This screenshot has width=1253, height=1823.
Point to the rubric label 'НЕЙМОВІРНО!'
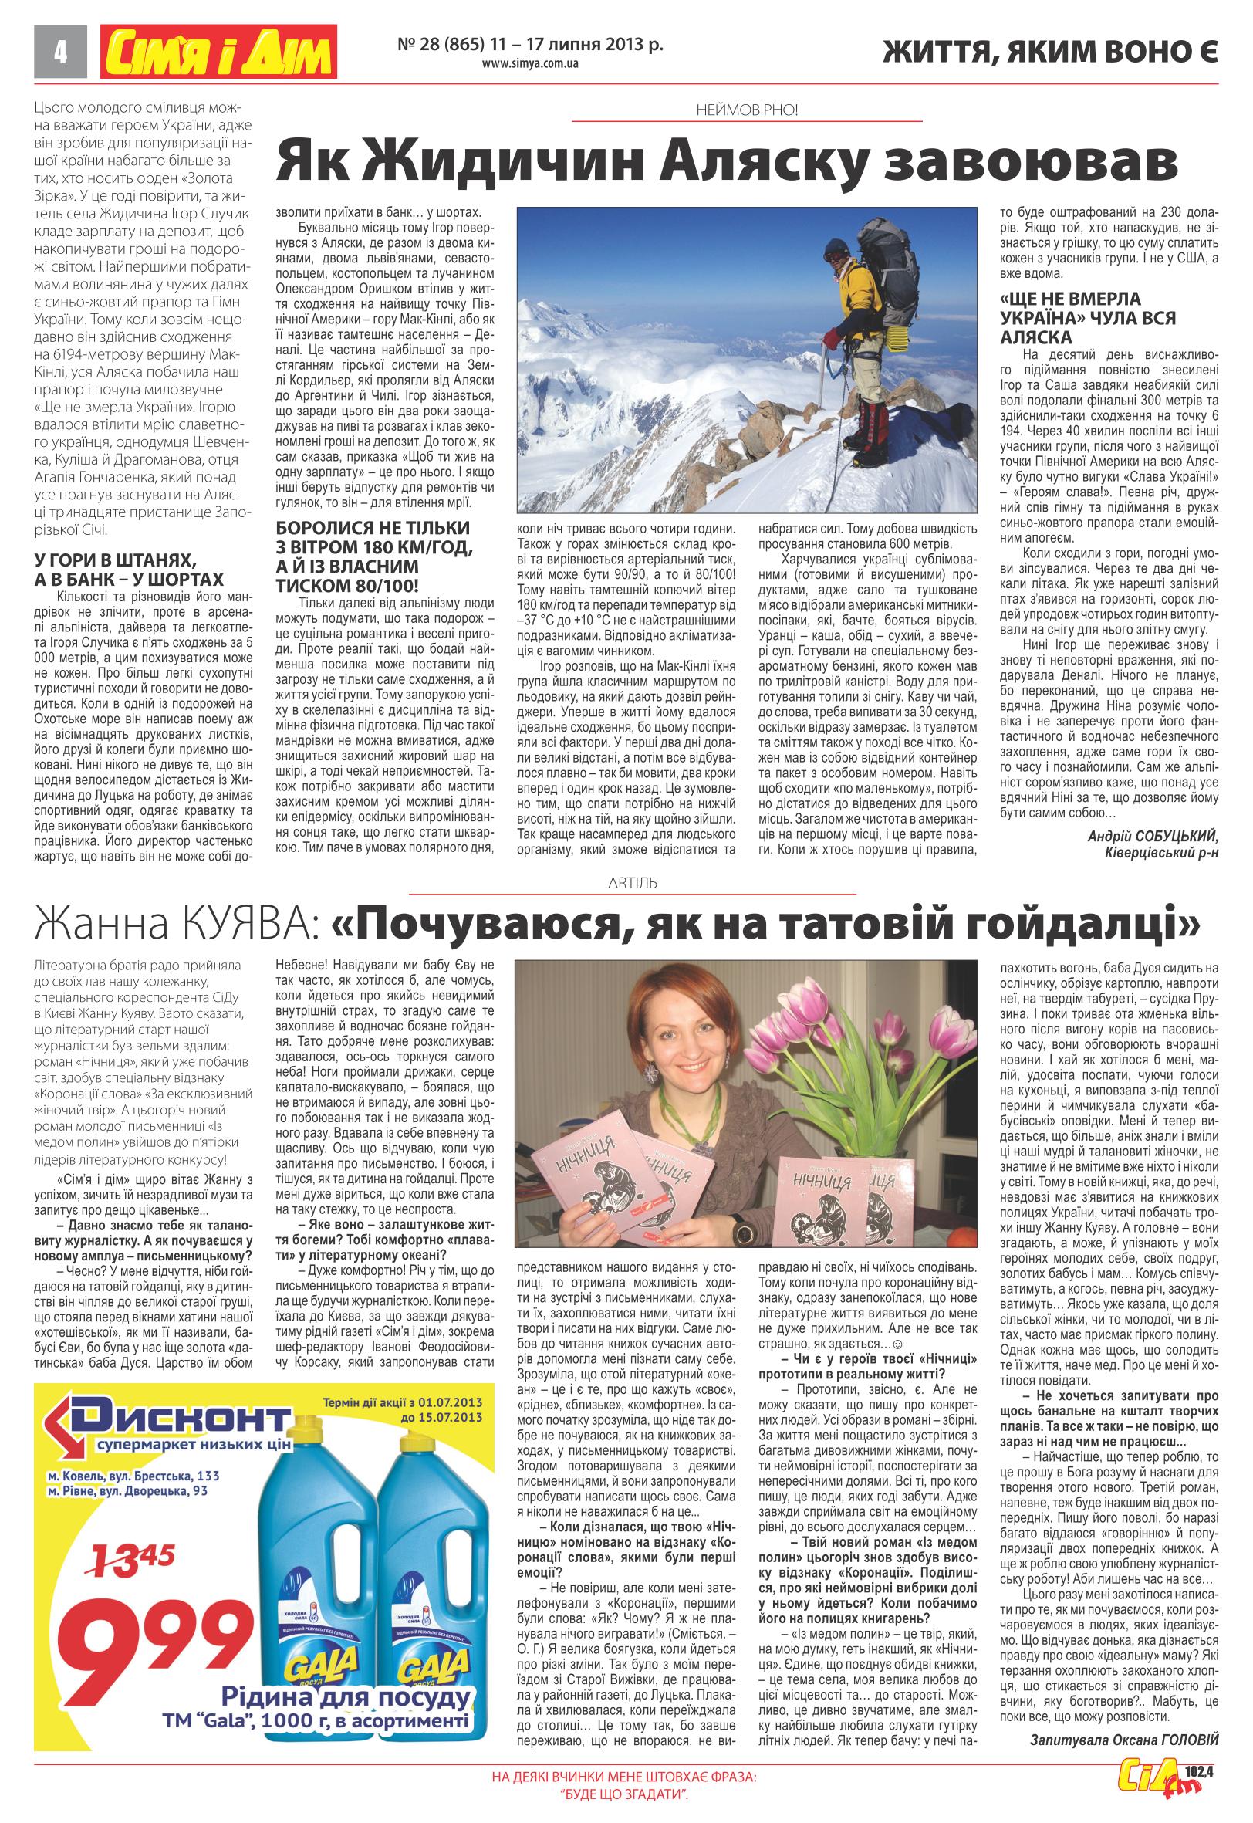[747, 110]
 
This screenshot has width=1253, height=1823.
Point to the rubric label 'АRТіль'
[632, 883]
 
